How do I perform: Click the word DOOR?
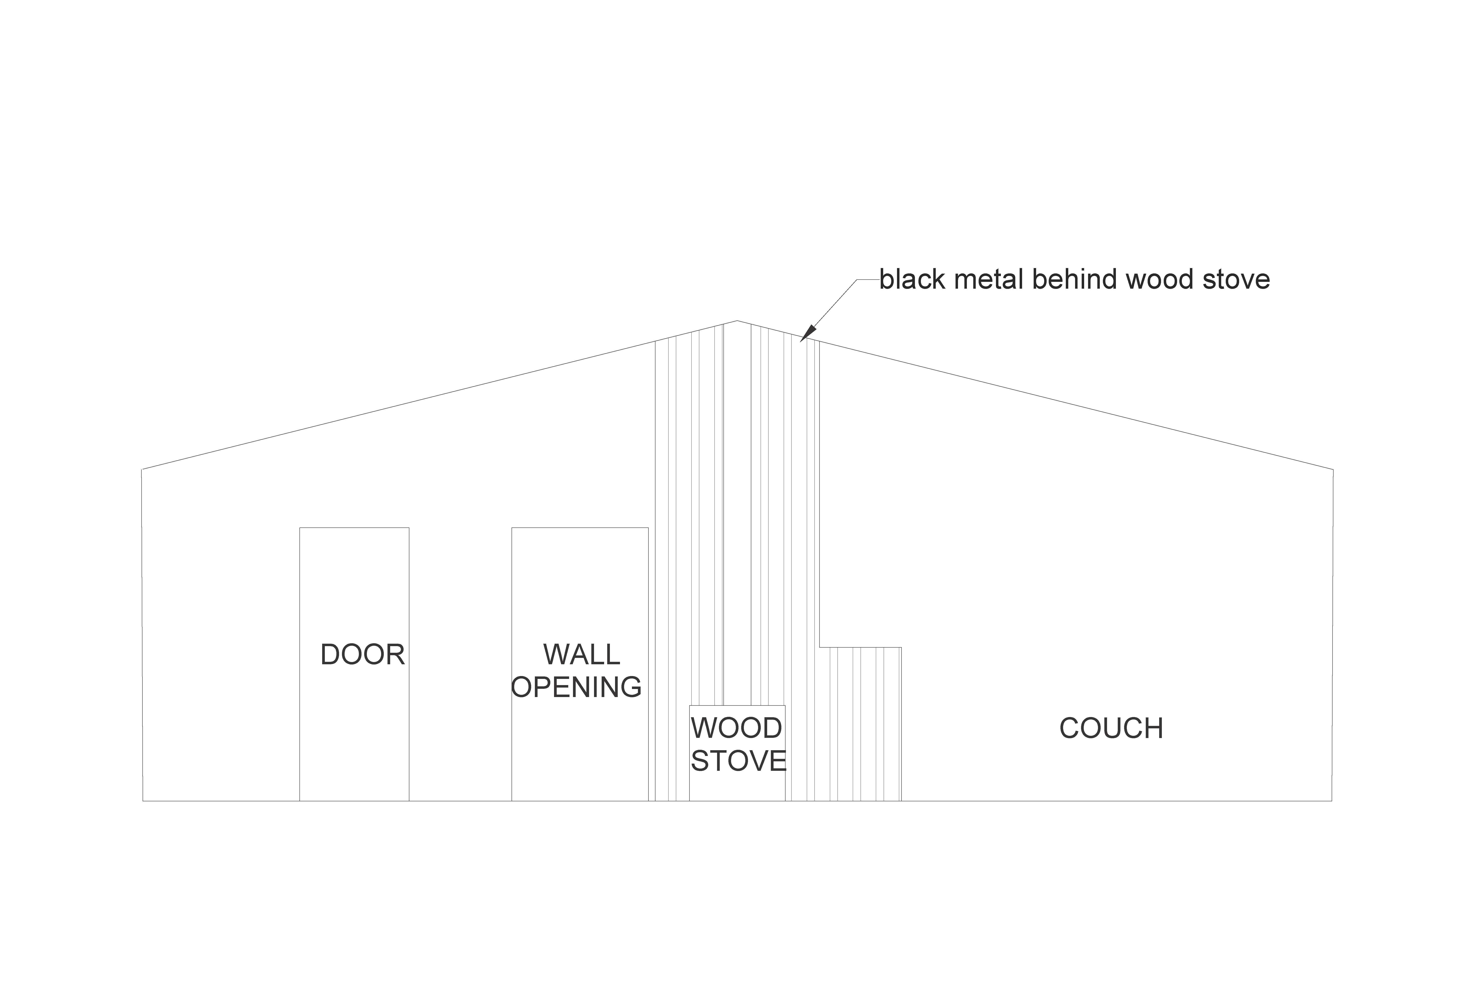363,655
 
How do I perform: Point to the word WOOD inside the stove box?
736,729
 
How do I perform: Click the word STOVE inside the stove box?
738,761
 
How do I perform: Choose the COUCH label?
1111,729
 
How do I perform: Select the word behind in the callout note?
1075,279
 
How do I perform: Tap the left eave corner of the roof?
142,469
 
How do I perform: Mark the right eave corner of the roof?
1333,469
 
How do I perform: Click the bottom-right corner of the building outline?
1332,801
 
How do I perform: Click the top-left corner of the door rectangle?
300,528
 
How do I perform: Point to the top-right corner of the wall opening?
648,528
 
